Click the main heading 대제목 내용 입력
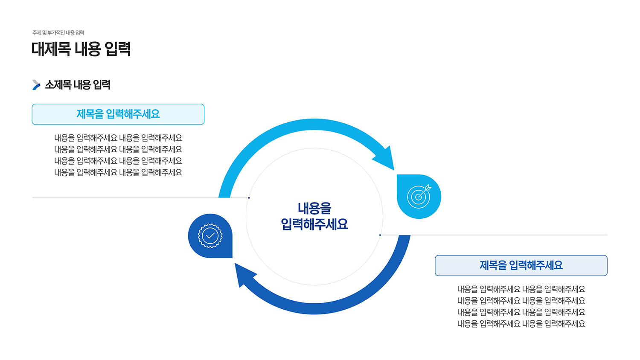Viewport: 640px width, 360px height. click(81, 49)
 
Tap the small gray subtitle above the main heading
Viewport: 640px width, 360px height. click(58, 33)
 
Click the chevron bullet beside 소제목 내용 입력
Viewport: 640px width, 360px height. click(36, 85)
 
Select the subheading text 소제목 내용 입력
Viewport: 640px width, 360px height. click(78, 85)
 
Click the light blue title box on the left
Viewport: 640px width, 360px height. click(118, 114)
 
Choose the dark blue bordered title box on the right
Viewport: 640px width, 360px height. click(521, 265)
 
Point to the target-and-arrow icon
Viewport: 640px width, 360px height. click(419, 196)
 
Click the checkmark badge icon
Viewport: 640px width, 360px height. click(210, 236)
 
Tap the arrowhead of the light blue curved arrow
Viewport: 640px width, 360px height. click(386, 160)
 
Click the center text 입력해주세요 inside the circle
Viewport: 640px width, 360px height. click(314, 224)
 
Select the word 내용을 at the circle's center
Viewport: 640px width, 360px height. click(314, 208)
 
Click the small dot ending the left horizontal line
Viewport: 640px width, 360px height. click(249, 198)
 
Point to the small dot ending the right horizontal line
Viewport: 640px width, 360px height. click(380, 235)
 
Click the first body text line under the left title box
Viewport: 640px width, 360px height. click(118, 138)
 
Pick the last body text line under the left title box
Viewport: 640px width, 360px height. click(118, 173)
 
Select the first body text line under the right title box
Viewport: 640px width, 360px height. click(521, 290)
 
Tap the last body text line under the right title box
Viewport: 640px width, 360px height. click(521, 324)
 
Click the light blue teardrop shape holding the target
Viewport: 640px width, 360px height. click(419, 197)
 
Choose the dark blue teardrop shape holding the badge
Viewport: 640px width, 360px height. click(210, 236)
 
